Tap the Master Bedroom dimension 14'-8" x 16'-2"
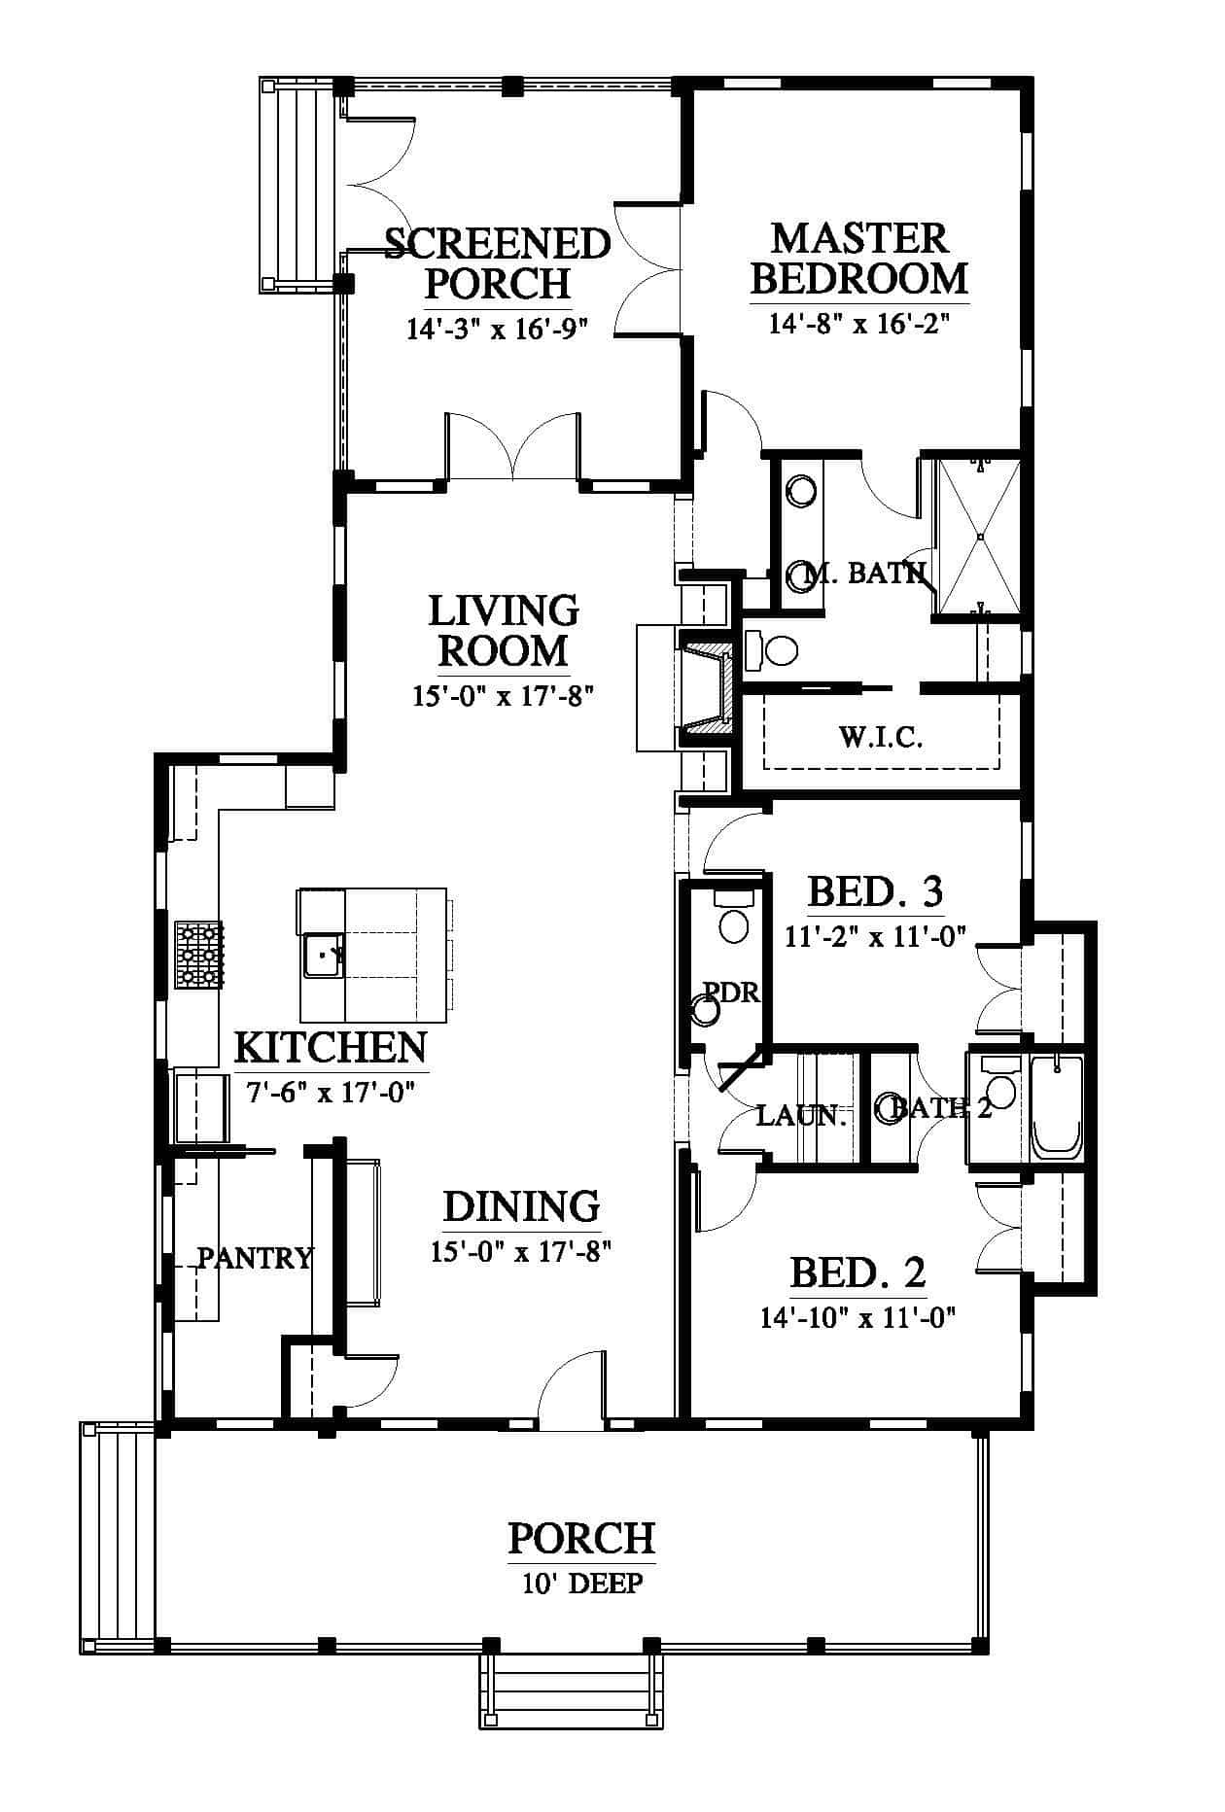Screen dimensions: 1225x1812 [x=858, y=323]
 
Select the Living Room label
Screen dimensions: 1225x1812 [x=504, y=631]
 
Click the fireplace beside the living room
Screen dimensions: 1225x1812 [x=706, y=688]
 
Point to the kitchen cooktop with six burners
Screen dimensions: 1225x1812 [x=198, y=955]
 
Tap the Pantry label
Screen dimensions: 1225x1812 [x=256, y=1258]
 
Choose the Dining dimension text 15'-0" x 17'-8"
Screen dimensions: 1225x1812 [x=520, y=1251]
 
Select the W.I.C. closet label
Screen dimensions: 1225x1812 [x=881, y=737]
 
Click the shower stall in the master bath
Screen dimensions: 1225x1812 [x=979, y=537]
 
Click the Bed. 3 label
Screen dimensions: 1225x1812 [x=876, y=890]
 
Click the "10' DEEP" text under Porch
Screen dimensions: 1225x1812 [x=582, y=1584]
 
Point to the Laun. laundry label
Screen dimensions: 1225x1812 [x=802, y=1115]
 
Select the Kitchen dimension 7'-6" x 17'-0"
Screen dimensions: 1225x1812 [x=332, y=1093]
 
